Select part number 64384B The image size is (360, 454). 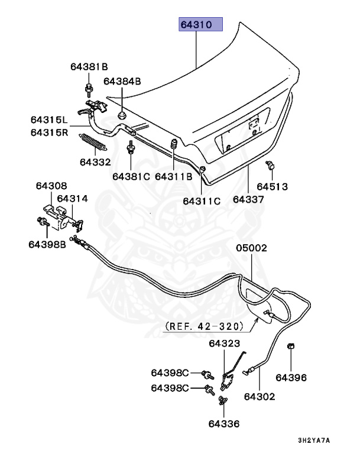pyautogui.click(x=122, y=81)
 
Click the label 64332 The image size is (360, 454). pyautogui.click(x=95, y=161)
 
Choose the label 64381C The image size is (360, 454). pyautogui.click(x=131, y=176)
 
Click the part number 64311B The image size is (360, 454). pyautogui.click(x=174, y=176)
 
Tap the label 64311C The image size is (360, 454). pyautogui.click(x=201, y=201)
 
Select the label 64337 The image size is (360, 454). pyautogui.click(x=248, y=199)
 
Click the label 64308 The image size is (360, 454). pyautogui.click(x=51, y=186)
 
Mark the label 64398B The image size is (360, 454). pyautogui.click(x=47, y=244)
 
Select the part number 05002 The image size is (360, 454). pyautogui.click(x=252, y=248)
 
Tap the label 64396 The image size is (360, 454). pyautogui.click(x=291, y=377)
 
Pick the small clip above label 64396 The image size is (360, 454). pyautogui.click(x=291, y=347)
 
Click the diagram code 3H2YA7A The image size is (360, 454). pyautogui.click(x=313, y=440)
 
